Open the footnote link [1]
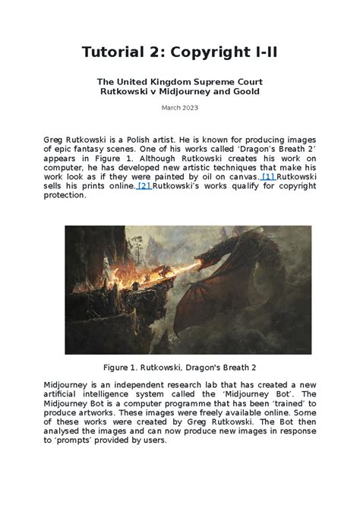268,177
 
